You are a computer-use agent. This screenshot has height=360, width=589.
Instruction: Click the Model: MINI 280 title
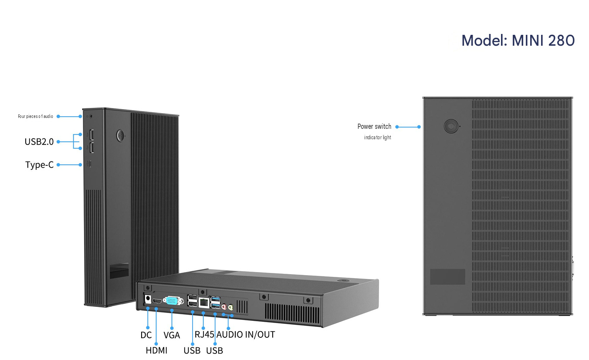pos(518,41)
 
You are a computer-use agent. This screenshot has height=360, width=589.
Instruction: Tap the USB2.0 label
pos(39,141)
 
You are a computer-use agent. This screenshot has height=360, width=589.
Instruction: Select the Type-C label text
pos(40,165)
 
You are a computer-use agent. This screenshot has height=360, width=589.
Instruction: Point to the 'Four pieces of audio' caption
pos(35,116)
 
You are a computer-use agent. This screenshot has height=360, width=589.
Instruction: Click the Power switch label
pos(374,126)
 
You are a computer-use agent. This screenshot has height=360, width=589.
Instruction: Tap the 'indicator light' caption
pos(378,138)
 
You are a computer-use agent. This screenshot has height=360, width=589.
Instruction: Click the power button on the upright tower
pos(120,135)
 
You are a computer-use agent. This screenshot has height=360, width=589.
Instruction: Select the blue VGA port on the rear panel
pos(173,300)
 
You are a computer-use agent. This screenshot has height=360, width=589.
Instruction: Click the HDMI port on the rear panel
pos(157,301)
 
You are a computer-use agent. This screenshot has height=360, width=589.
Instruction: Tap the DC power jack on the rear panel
pos(148,299)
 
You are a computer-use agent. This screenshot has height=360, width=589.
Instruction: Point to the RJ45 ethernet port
pos(203,303)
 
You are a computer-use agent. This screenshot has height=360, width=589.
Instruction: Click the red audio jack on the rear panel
pos(224,306)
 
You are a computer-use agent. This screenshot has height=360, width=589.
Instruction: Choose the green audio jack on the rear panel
pos(230,307)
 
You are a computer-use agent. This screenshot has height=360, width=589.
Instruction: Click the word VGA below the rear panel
pos(172,335)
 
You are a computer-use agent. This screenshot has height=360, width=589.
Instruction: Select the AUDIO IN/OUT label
pos(246,334)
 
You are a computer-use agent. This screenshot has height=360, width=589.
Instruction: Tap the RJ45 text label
pos(204,334)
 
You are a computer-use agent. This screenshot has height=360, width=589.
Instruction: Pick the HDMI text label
pos(156,350)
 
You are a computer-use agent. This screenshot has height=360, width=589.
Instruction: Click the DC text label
pos(146,335)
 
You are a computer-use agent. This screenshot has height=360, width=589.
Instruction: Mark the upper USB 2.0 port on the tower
pos(91,135)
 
